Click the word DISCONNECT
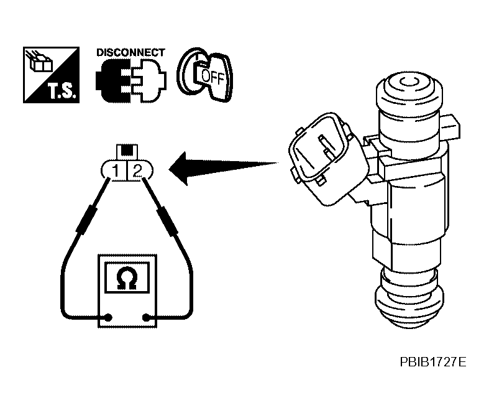click(130, 52)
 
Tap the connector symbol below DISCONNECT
click(130, 81)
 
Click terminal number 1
click(115, 170)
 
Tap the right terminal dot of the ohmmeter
click(147, 318)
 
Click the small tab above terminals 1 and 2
click(127, 151)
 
